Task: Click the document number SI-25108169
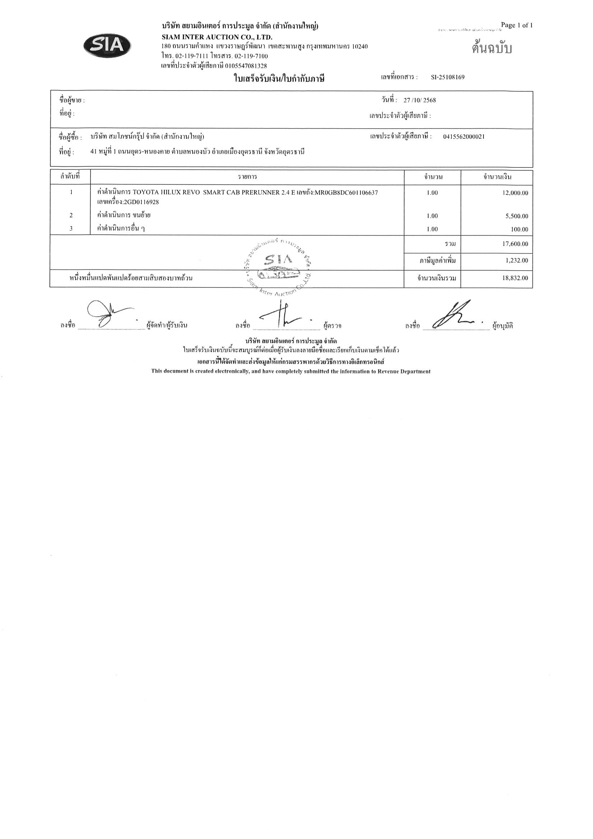tap(448, 77)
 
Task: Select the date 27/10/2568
tap(420, 101)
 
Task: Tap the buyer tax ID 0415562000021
tap(464, 137)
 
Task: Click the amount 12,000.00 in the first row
tap(515, 193)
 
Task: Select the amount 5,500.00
tap(516, 216)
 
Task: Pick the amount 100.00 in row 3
tap(520, 230)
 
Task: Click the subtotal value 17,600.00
tap(515, 244)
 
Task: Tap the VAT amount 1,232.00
tap(516, 261)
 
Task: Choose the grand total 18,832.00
tap(515, 278)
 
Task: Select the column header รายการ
tap(247, 177)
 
